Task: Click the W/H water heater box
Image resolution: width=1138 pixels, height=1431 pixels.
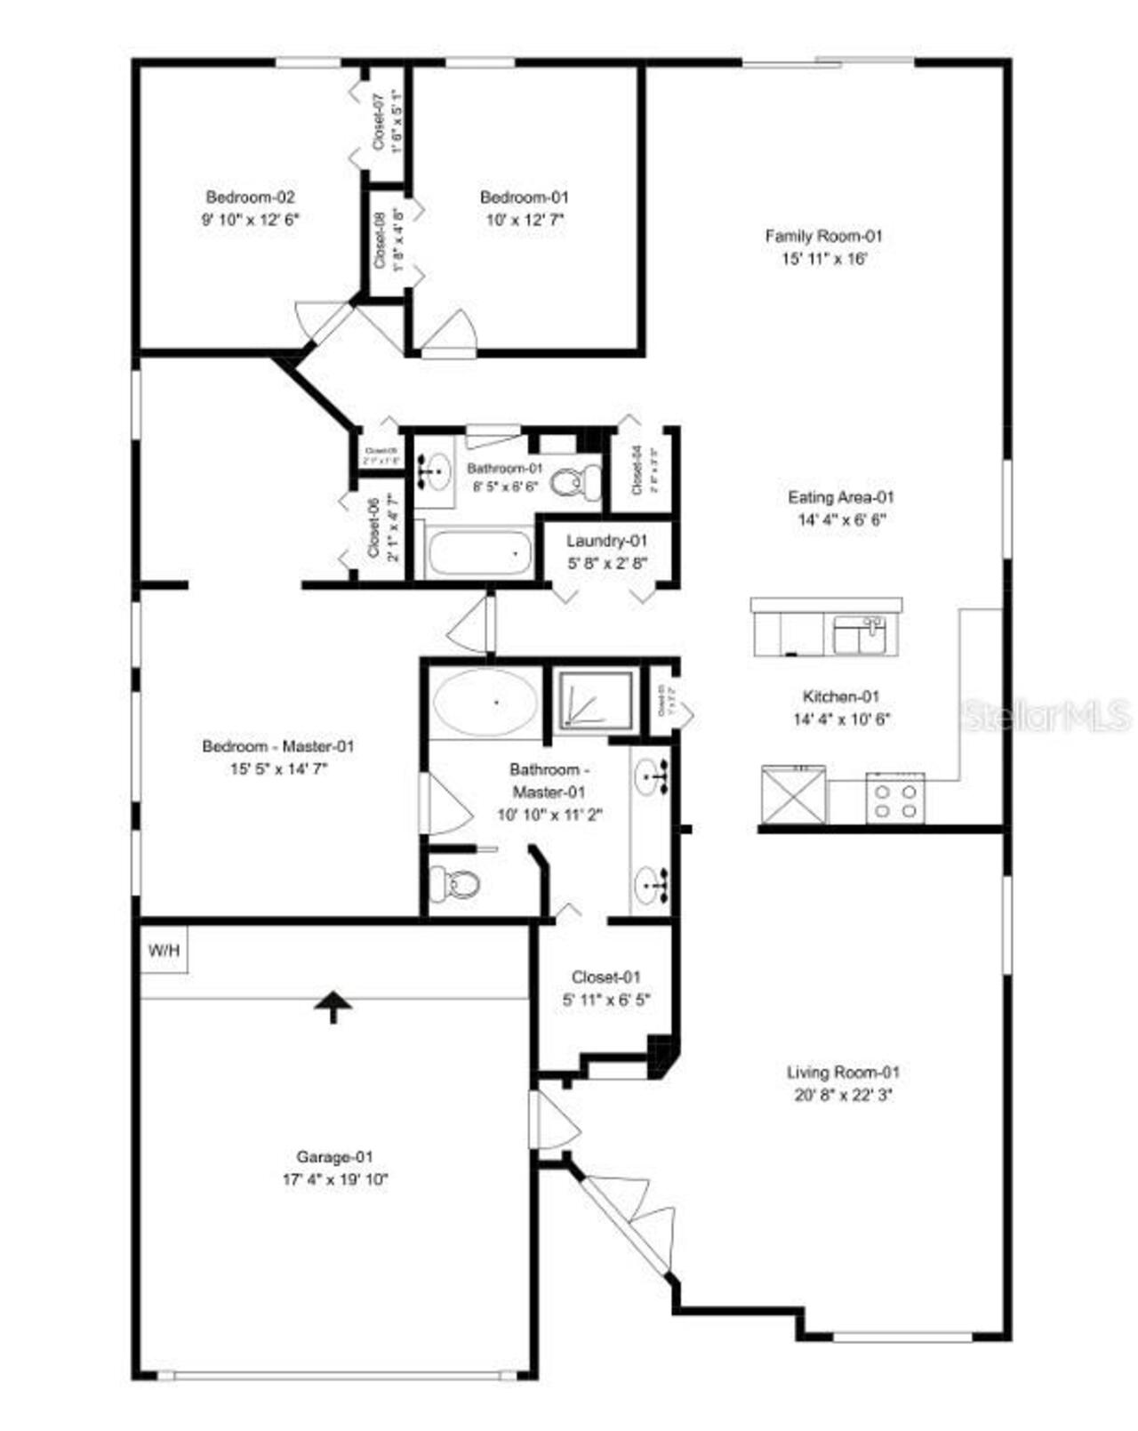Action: (164, 951)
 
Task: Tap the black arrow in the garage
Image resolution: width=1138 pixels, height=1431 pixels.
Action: (333, 1007)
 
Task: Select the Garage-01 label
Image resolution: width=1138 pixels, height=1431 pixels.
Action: (334, 1157)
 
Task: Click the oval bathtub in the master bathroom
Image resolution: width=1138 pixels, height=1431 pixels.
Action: (485, 703)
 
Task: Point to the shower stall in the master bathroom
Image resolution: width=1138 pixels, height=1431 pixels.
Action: (594, 700)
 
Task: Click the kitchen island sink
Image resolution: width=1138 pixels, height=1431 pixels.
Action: (859, 636)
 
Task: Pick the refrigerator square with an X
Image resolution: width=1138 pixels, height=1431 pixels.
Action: (793, 793)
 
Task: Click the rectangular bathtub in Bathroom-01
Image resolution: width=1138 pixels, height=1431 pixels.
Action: (479, 553)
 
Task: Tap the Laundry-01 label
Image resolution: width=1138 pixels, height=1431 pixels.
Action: (607, 540)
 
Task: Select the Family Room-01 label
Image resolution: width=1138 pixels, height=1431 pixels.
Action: (823, 236)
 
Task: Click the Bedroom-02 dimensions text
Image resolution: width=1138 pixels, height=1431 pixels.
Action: (250, 220)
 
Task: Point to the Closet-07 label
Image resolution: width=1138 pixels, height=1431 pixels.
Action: (378, 120)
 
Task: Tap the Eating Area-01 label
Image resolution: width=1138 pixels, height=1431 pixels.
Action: (840, 497)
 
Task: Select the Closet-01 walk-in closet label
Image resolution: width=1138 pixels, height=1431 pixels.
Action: (605, 977)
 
